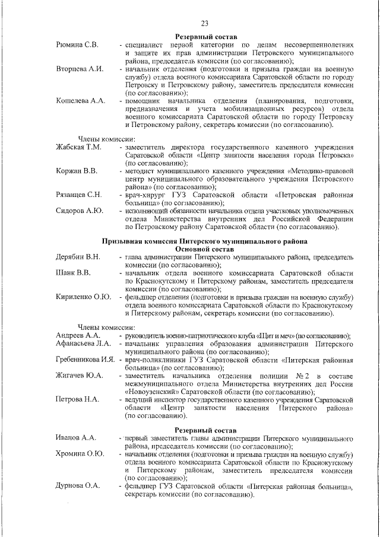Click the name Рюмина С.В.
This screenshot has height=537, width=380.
78,45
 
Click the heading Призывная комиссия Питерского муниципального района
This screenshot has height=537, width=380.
204,242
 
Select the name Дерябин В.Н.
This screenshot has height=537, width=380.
78,257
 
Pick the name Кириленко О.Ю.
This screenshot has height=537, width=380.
83,297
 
